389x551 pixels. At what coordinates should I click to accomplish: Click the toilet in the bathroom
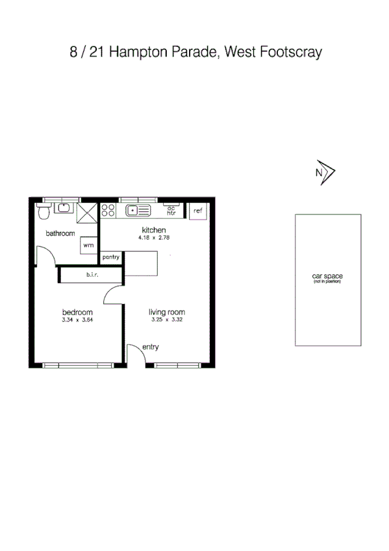44,211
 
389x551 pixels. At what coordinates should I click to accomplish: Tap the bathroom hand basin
64,208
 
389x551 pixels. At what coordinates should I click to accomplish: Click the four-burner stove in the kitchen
108,211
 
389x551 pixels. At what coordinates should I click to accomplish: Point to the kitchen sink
138,210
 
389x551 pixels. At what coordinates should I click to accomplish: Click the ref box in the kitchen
198,211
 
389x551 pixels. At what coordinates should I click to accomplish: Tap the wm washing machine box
89,246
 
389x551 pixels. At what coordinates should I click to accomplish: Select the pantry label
111,257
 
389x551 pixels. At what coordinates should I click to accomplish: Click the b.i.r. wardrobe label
91,275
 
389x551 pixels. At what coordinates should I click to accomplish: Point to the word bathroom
60,233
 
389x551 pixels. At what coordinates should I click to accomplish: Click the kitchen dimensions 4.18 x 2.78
154,238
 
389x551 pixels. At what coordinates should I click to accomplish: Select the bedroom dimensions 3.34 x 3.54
77,320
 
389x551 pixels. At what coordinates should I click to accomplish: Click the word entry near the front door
151,347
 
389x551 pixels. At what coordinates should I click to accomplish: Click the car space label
327,277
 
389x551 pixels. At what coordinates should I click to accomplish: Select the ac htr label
171,211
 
